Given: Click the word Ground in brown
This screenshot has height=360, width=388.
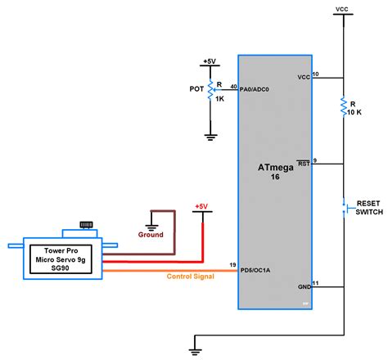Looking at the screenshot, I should coord(151,234).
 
